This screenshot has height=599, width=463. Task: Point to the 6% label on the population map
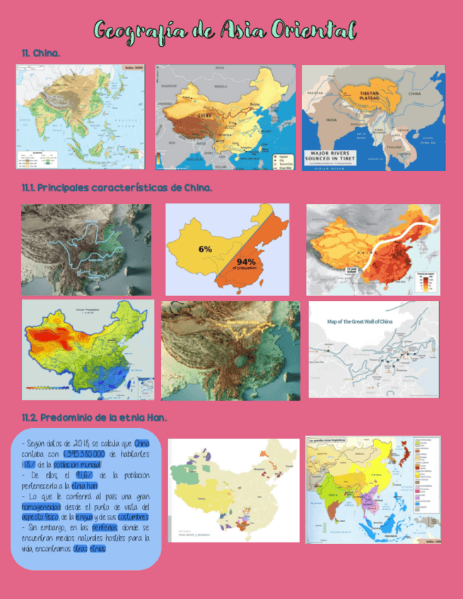coord(205,249)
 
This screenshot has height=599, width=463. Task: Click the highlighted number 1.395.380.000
coord(85,453)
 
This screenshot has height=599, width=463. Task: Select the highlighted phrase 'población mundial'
coord(78,464)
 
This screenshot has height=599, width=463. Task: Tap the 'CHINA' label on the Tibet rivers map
coord(415,93)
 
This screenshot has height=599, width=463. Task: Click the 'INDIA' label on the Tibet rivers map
coord(331,120)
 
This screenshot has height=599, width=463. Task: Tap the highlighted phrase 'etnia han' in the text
coord(83,485)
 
